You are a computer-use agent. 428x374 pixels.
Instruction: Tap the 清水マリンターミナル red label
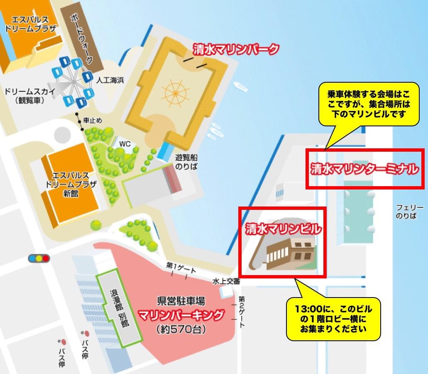[x=364, y=169]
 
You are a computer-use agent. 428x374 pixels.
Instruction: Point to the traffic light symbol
[x=39, y=258]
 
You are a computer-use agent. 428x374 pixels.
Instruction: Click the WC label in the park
[x=125, y=144]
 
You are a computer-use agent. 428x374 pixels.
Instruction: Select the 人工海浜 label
[x=110, y=80]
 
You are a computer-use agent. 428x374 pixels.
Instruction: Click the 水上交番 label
[x=226, y=281]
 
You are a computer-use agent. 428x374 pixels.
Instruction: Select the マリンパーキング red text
[x=181, y=315]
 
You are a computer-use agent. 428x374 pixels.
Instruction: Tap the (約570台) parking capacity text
[x=181, y=330]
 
